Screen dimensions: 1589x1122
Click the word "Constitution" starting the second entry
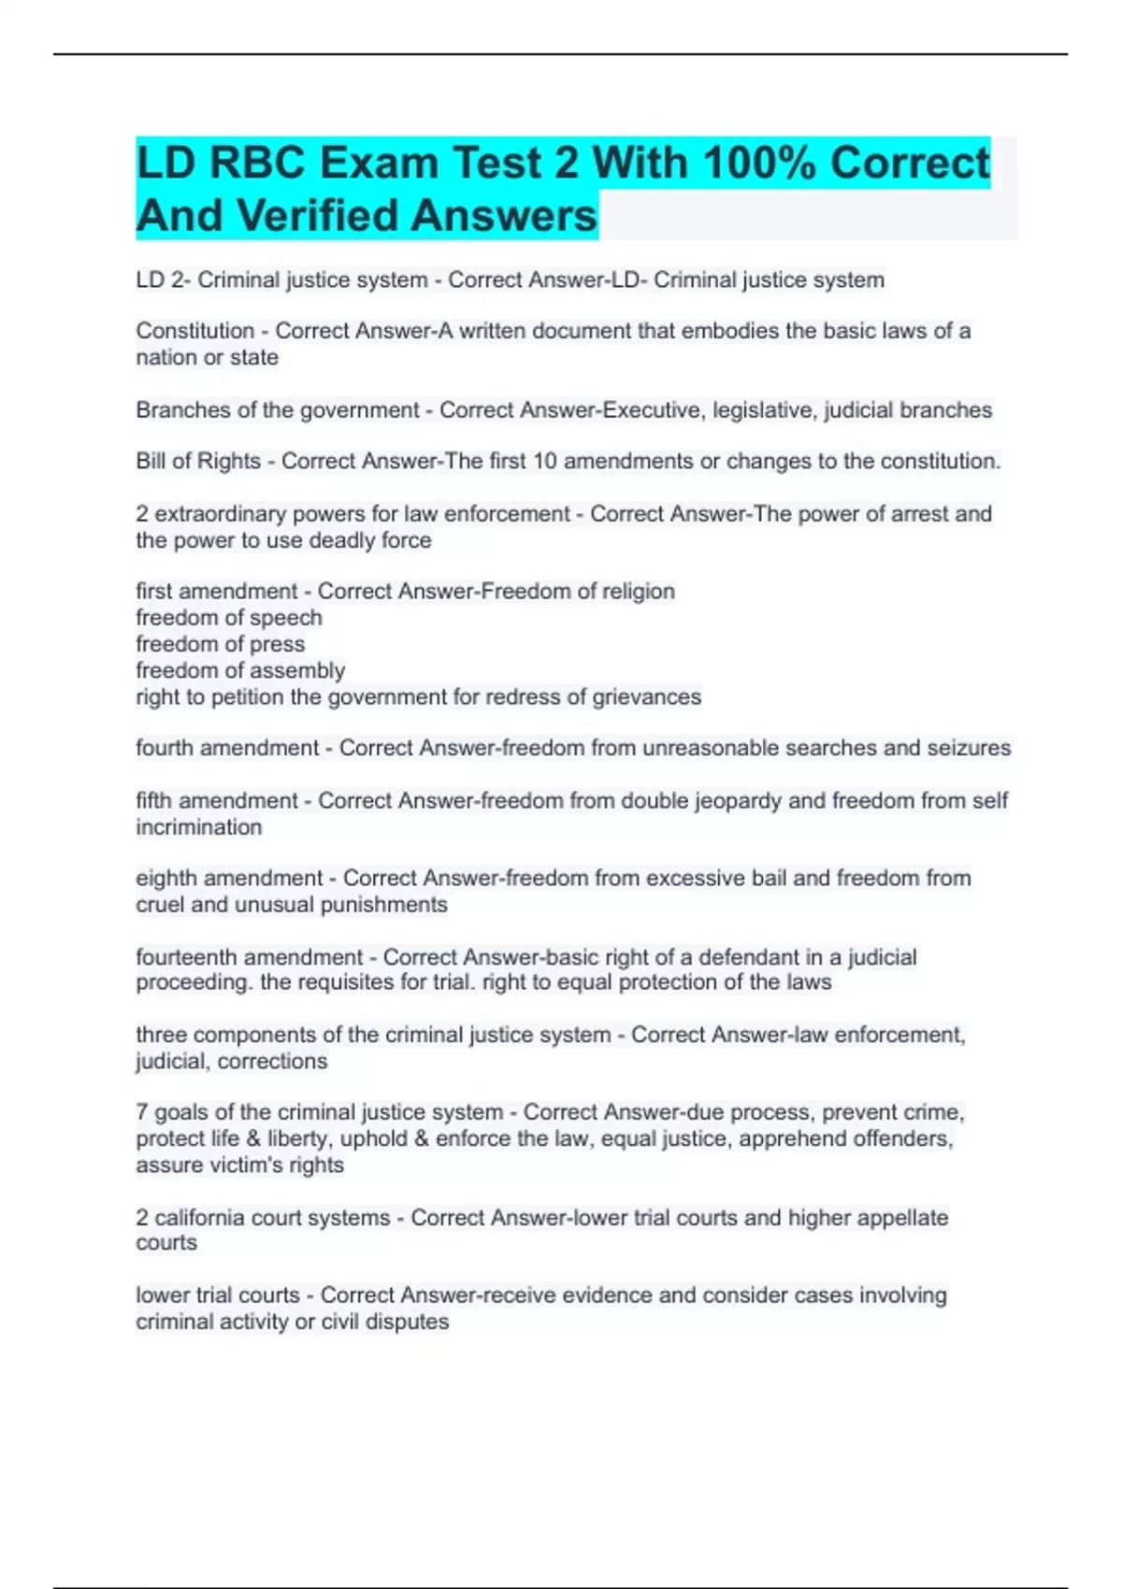[194, 331]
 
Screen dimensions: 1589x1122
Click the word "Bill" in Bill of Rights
[153, 462]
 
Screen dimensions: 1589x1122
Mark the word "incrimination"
[198, 827]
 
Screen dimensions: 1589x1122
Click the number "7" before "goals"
[142, 1112]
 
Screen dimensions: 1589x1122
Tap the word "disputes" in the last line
[411, 1322]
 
